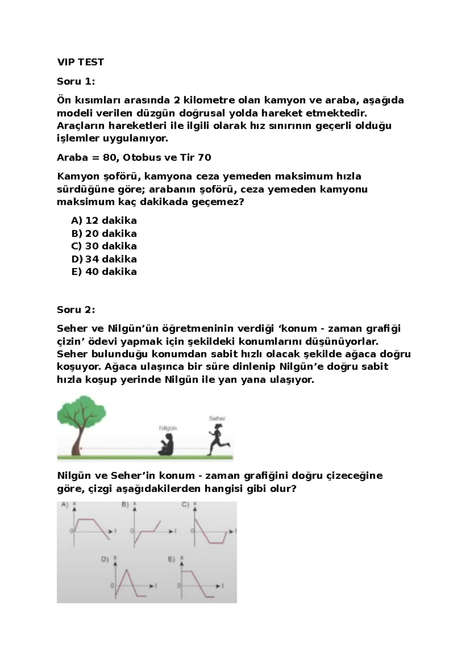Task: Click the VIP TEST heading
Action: tap(80, 62)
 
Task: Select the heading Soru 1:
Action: tap(76, 81)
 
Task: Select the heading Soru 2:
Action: tap(76, 310)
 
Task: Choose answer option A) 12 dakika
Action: tap(104, 220)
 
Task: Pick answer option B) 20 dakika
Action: tap(104, 233)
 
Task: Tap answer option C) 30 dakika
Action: tap(104, 246)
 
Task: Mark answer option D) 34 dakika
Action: tap(104, 259)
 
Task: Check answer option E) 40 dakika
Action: tap(104, 271)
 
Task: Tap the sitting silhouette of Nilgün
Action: tap(166, 445)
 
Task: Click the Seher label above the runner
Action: tap(217, 418)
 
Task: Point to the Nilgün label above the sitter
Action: tap(168, 428)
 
